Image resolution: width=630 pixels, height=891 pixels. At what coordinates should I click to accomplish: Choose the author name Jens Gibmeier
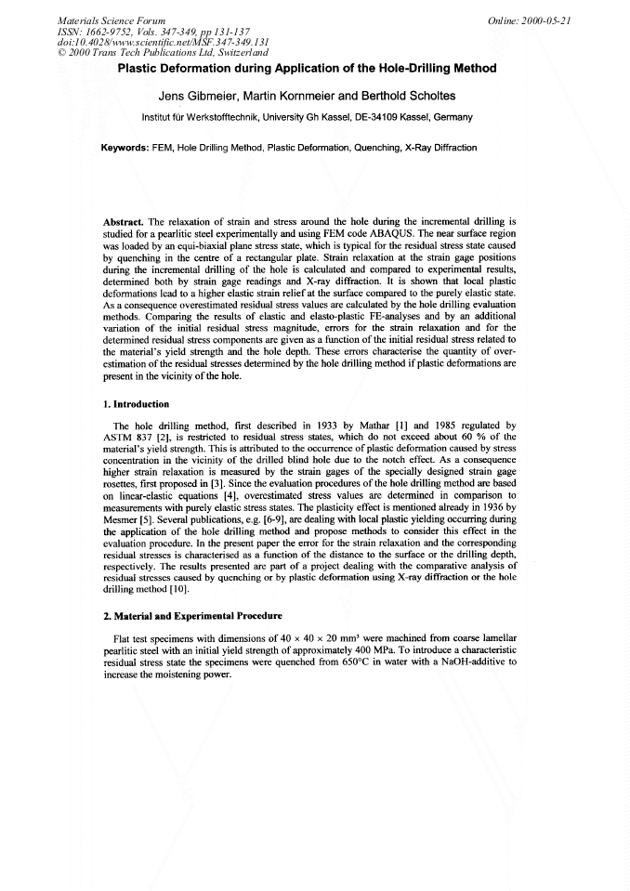click(x=196, y=96)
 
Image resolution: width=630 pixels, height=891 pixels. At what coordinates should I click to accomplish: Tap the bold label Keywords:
click(x=125, y=148)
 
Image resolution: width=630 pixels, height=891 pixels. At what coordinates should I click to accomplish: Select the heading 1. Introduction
click(x=136, y=405)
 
